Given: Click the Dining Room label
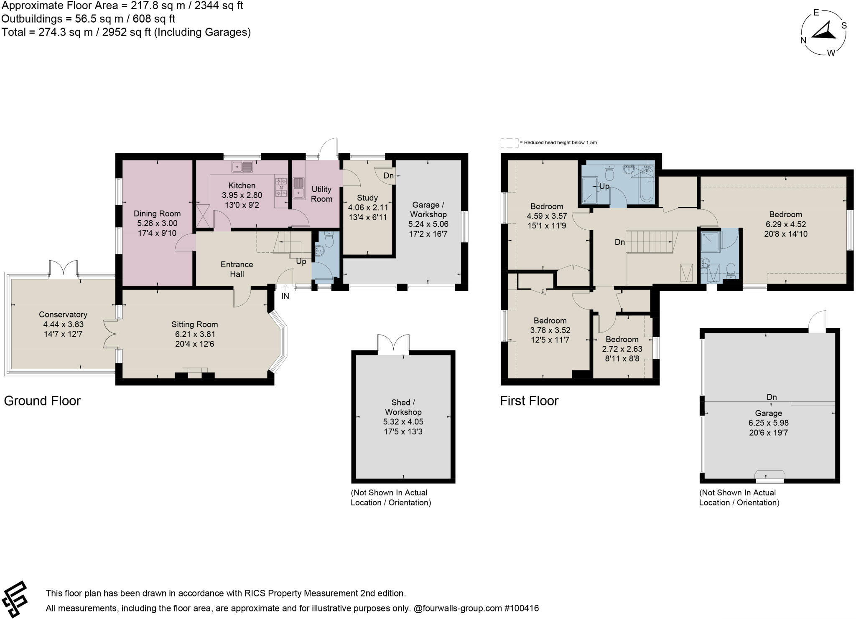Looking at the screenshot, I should coord(157,214).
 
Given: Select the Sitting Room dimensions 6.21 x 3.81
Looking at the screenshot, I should coord(195,334).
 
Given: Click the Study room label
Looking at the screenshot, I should coord(367,198).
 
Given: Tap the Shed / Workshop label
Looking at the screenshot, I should coord(403,407).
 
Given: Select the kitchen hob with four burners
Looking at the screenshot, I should coord(281,187).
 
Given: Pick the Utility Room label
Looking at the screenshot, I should coord(321,194).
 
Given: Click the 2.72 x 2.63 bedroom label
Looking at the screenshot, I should coord(622,339).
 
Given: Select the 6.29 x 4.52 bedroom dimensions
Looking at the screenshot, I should coord(785,224).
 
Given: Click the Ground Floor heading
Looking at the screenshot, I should coord(42,401).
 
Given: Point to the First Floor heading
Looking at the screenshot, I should coord(529,401).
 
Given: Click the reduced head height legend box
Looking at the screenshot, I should coord(509,143).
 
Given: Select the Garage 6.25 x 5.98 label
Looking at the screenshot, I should coord(768,414).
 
